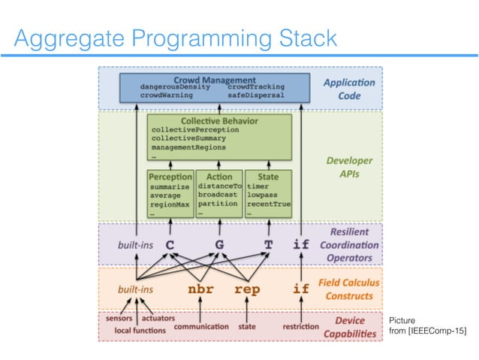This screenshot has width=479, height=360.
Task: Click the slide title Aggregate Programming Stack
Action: [x=176, y=37]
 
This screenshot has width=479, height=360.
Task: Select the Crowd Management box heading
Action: [x=213, y=79]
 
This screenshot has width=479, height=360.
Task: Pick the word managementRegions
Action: [x=188, y=148]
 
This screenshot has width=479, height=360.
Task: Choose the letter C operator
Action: [x=170, y=244]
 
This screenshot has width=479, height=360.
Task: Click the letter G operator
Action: [x=219, y=244]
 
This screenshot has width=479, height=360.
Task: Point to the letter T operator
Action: [x=267, y=244]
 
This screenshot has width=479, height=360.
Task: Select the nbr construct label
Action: [x=200, y=288]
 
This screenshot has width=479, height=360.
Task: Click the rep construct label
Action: [x=247, y=288]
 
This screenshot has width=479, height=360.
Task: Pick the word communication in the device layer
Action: [x=201, y=327]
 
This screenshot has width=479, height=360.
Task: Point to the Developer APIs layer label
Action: [x=350, y=166]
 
